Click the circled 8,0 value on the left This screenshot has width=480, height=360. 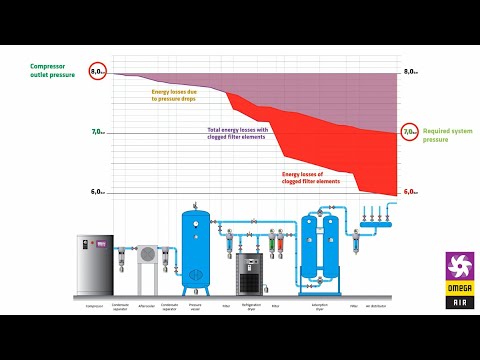(98, 72)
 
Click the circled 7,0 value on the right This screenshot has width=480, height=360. (409, 132)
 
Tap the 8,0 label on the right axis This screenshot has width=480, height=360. (409, 72)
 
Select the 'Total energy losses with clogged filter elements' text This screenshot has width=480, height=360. (238, 133)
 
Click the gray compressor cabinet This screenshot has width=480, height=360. (95, 266)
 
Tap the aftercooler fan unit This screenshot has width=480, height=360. (147, 257)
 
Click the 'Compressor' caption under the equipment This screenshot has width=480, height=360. (95, 305)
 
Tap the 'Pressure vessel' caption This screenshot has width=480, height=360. (196, 306)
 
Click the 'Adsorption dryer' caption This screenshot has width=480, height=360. (321, 306)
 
